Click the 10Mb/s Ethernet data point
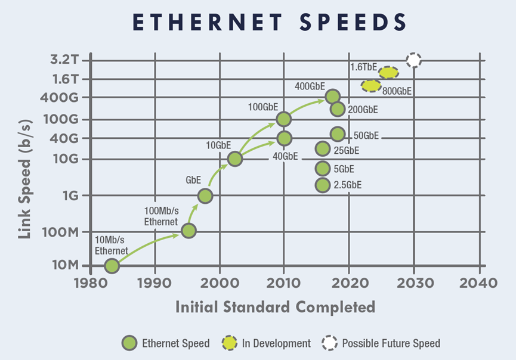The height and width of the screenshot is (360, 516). point(112,266)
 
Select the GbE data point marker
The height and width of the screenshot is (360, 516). point(205,195)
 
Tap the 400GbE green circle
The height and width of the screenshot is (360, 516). point(333,97)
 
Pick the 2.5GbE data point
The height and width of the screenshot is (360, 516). point(323,185)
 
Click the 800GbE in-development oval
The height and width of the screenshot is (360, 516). point(371,86)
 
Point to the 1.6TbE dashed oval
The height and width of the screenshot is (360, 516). point(388,73)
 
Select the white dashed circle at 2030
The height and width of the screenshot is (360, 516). point(413,60)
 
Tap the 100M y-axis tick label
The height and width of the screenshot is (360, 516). point(63,231)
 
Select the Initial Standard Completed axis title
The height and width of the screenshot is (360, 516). point(275,307)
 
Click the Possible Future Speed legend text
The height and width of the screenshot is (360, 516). point(391,343)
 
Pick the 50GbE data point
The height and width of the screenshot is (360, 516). point(338,135)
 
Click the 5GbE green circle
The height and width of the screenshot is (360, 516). point(323,168)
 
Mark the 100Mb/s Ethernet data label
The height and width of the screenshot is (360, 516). point(162,216)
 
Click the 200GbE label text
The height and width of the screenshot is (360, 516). point(363,110)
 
